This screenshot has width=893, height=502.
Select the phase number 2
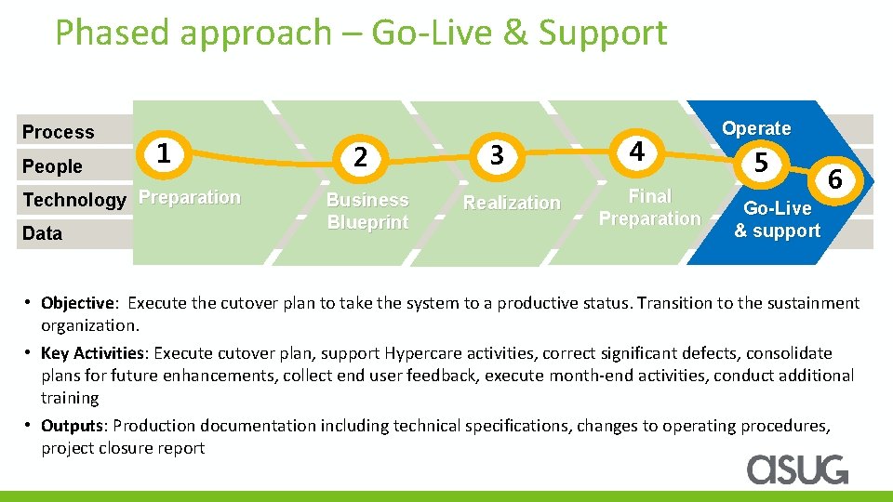[x=362, y=157]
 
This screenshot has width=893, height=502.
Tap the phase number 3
[x=497, y=155]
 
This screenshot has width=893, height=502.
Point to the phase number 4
[x=636, y=151]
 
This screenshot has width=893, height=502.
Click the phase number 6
[x=835, y=179]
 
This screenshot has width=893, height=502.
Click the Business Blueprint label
[x=367, y=211]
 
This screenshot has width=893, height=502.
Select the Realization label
[x=512, y=203]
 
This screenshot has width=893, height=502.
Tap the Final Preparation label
[x=649, y=207]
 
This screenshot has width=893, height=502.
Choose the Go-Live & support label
[x=777, y=219]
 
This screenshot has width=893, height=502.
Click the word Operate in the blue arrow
[x=756, y=128]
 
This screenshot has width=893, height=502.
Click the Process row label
[x=58, y=132]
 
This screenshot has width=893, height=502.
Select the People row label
[x=52, y=166]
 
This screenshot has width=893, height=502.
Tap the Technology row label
[x=73, y=200]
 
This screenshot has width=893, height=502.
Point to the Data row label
[x=42, y=233]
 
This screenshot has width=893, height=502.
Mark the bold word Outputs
[x=72, y=426]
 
